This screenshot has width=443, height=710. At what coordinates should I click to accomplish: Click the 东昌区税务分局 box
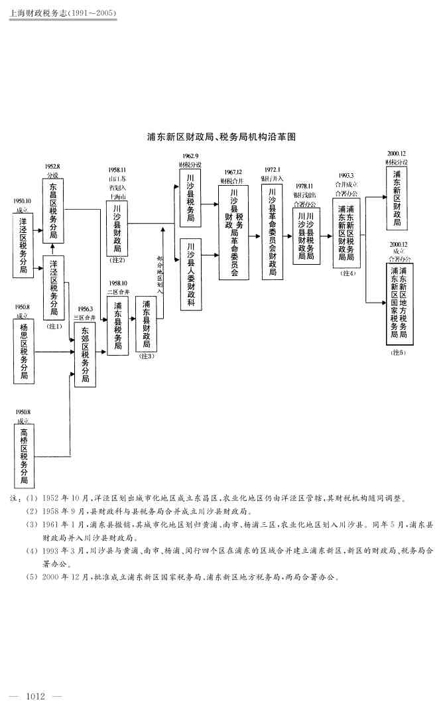pyautogui.click(x=53, y=211)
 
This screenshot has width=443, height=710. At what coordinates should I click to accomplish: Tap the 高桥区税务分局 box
pyautogui.click(x=24, y=456)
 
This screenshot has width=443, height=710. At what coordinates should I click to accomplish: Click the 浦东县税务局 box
pyautogui.click(x=117, y=325)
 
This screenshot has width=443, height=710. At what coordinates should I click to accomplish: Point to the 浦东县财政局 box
pyautogui.click(x=146, y=324)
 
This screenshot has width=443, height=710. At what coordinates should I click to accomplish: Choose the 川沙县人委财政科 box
pyautogui.click(x=190, y=273)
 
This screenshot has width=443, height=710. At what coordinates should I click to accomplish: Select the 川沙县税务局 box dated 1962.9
pyautogui.click(x=190, y=198)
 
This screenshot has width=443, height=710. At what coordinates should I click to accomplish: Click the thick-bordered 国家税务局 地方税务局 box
pyautogui.click(x=399, y=303)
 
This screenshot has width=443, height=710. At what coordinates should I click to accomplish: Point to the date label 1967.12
pyautogui.click(x=233, y=172)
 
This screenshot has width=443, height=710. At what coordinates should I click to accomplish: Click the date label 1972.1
pyautogui.click(x=272, y=170)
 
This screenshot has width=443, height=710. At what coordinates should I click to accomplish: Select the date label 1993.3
pyautogui.click(x=346, y=176)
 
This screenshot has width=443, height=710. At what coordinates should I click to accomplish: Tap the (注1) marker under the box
pyautogui.click(x=54, y=326)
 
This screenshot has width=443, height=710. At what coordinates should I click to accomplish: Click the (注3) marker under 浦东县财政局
pyautogui.click(x=146, y=356)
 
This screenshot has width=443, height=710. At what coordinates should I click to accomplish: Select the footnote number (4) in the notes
pyautogui.click(x=31, y=551)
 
